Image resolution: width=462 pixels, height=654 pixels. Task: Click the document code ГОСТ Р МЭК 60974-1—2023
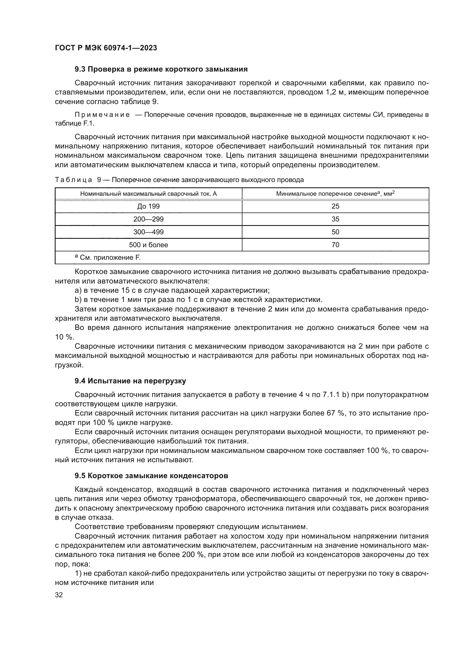[x=106, y=48]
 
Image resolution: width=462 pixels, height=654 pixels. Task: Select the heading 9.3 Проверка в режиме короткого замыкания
[x=161, y=69]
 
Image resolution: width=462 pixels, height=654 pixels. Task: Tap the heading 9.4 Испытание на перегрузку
[x=130, y=381]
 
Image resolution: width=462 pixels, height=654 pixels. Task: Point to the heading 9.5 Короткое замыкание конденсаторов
[x=151, y=476]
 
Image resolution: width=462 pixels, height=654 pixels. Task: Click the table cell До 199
[x=148, y=206]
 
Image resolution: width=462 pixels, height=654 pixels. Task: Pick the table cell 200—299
[x=148, y=219]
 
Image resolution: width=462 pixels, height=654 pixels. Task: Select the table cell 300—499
[x=148, y=232]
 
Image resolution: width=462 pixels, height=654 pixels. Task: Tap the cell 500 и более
[x=148, y=245]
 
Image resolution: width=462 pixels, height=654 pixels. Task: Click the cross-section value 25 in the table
[x=335, y=206]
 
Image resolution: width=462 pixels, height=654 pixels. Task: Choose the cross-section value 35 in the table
[x=335, y=219]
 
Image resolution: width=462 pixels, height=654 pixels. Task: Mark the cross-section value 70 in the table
[x=335, y=245]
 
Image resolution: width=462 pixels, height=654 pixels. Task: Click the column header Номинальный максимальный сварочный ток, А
[x=148, y=194]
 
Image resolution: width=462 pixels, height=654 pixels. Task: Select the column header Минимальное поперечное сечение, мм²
[x=335, y=194]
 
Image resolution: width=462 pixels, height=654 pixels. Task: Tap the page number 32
[x=59, y=595]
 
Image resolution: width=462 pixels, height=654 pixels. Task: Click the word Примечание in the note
[x=102, y=115]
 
